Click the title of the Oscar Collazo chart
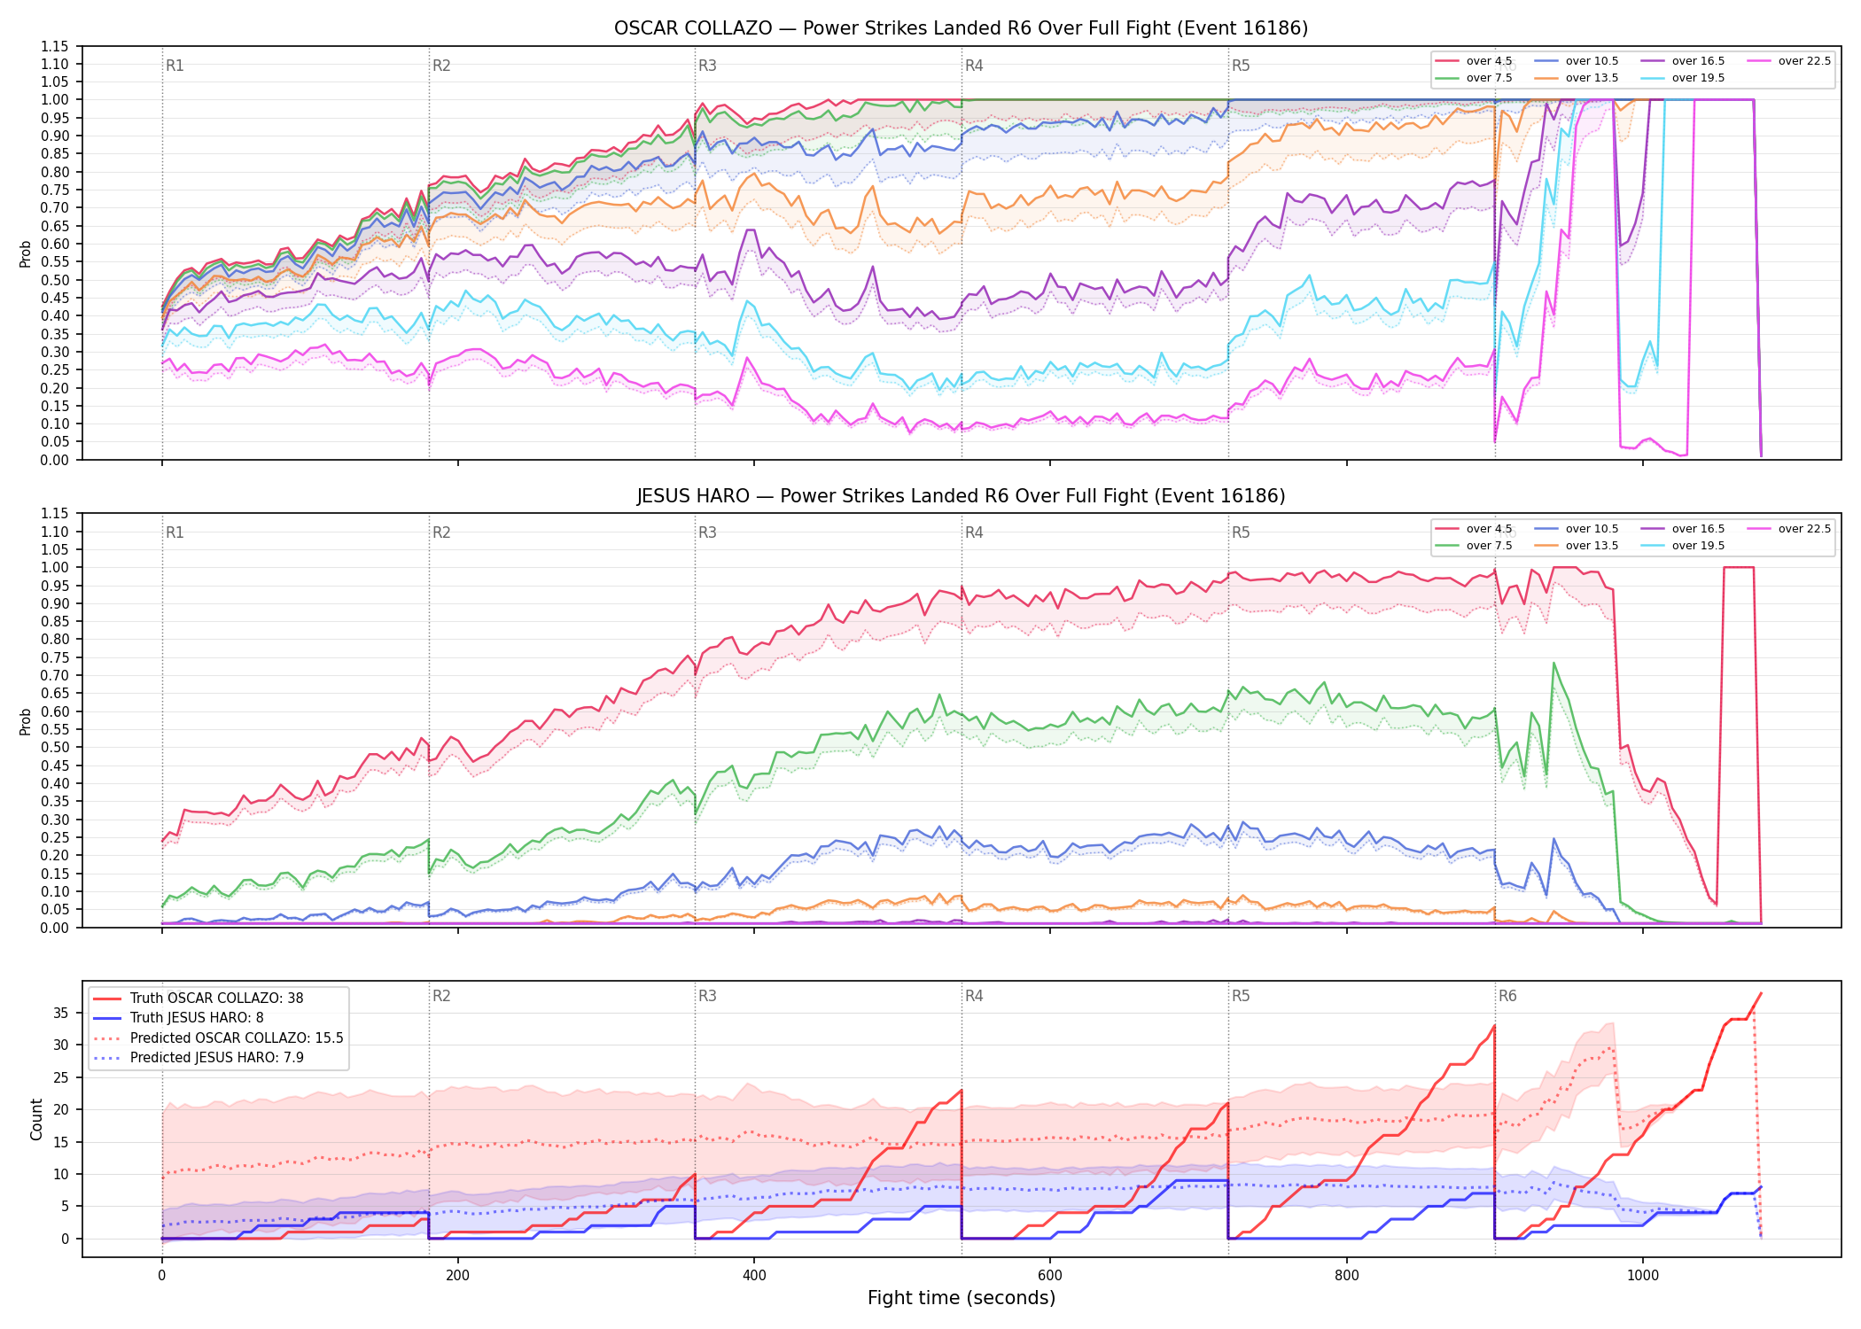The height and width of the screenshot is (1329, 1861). click(961, 28)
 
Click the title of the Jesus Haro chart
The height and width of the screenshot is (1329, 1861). click(961, 496)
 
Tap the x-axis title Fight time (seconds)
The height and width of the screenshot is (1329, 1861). click(962, 1298)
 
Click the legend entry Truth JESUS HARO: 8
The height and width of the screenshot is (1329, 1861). click(178, 1018)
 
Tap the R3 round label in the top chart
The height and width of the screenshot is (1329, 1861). click(707, 66)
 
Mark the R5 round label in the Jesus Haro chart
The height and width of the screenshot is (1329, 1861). click(1241, 532)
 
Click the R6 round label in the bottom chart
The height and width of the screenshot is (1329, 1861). click(1507, 996)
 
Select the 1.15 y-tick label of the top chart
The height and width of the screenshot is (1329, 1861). click(55, 46)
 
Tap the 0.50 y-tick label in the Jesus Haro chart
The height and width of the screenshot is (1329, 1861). click(55, 747)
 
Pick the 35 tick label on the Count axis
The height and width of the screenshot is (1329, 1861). click(61, 1013)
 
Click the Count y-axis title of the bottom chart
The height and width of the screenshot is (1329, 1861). click(36, 1119)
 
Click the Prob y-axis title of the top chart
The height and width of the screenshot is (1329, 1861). click(25, 253)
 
